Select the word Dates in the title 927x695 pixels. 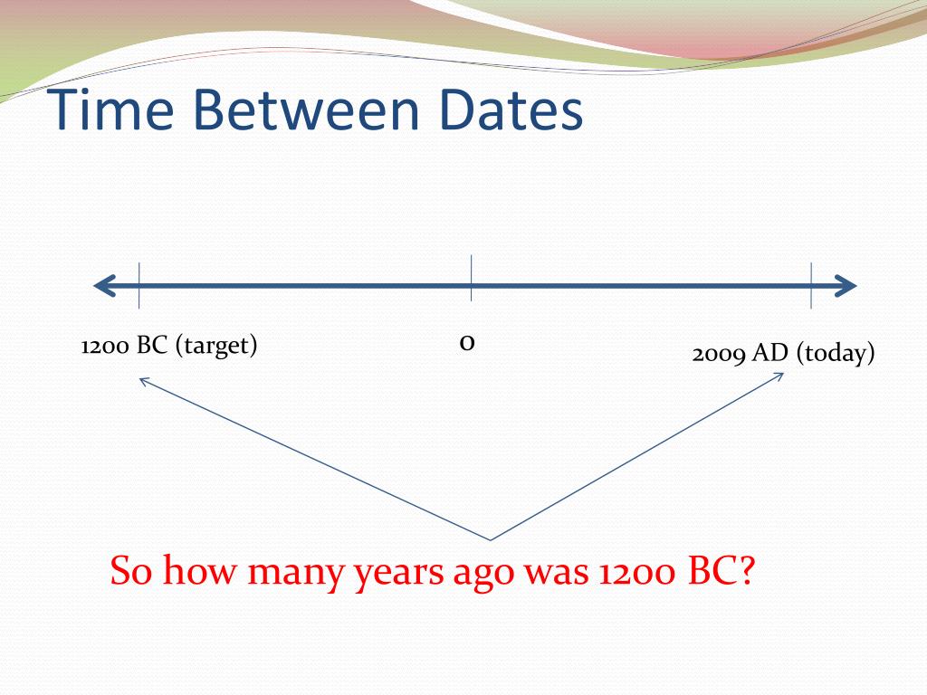click(507, 110)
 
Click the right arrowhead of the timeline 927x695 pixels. click(847, 287)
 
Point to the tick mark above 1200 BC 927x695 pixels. click(139, 286)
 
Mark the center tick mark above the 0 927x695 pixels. click(471, 279)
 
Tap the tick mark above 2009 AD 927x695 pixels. click(811, 286)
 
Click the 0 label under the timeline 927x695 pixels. click(467, 343)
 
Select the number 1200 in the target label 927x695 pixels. click(106, 347)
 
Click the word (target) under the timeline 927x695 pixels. click(216, 347)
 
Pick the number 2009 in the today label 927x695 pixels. click(719, 354)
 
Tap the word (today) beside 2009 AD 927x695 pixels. click(836, 354)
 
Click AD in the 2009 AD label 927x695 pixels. click(772, 354)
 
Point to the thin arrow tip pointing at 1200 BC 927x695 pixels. click(139, 379)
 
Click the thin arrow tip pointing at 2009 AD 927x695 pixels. click(781, 374)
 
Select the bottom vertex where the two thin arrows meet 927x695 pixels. click(491, 540)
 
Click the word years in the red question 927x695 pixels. click(399, 574)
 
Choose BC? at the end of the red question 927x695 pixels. click(721, 572)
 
